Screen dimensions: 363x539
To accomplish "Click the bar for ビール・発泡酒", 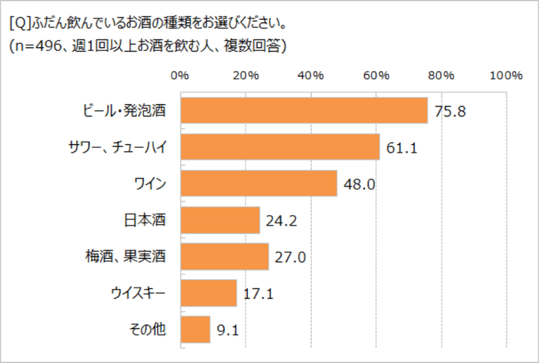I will click(x=303, y=110).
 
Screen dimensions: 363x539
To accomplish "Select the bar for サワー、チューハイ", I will click(x=280, y=146).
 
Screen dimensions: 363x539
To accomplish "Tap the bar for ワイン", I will click(x=258, y=183).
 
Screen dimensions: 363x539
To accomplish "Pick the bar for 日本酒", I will click(x=219, y=220).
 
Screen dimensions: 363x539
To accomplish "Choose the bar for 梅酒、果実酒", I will click(x=224, y=257).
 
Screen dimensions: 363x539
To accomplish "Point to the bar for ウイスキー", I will click(x=208, y=293).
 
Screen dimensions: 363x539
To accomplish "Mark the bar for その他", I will click(x=195, y=329).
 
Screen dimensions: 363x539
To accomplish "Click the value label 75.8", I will click(x=450, y=111).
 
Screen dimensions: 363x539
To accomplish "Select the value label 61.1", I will click(x=402, y=147).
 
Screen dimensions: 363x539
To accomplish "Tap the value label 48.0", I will click(x=359, y=184).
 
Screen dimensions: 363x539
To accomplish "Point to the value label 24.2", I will click(x=282, y=221).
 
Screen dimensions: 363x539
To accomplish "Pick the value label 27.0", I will click(x=290, y=257).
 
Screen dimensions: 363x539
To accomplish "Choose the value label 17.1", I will click(x=259, y=294).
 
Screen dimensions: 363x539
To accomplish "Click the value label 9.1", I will click(x=228, y=330).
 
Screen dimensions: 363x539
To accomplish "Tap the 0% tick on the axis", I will click(x=179, y=76).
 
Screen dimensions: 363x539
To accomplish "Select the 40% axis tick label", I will click(x=310, y=76).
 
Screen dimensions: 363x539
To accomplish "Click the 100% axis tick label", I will click(x=505, y=76).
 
